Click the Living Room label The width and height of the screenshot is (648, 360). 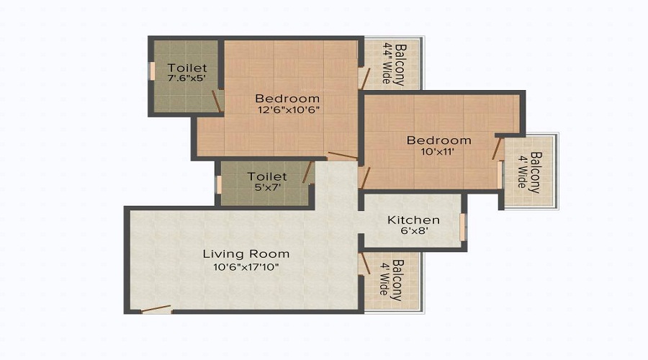pyautogui.click(x=246, y=253)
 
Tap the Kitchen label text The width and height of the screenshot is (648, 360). pyautogui.click(x=413, y=220)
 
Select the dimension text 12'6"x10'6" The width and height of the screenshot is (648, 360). pyautogui.click(x=287, y=110)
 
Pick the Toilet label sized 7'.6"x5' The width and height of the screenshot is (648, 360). pyautogui.click(x=181, y=68)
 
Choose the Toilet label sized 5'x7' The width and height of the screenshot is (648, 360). pyautogui.click(x=267, y=176)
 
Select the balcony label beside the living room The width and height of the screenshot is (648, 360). pyautogui.click(x=392, y=280)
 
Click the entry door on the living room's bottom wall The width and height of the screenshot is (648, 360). pyautogui.click(x=156, y=310)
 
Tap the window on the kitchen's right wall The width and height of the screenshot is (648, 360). pyautogui.click(x=463, y=226)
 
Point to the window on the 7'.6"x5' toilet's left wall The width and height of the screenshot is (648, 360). pyautogui.click(x=152, y=71)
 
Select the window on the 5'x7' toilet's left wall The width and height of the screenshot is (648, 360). pyautogui.click(x=219, y=184)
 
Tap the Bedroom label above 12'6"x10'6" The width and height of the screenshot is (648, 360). pyautogui.click(x=287, y=98)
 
